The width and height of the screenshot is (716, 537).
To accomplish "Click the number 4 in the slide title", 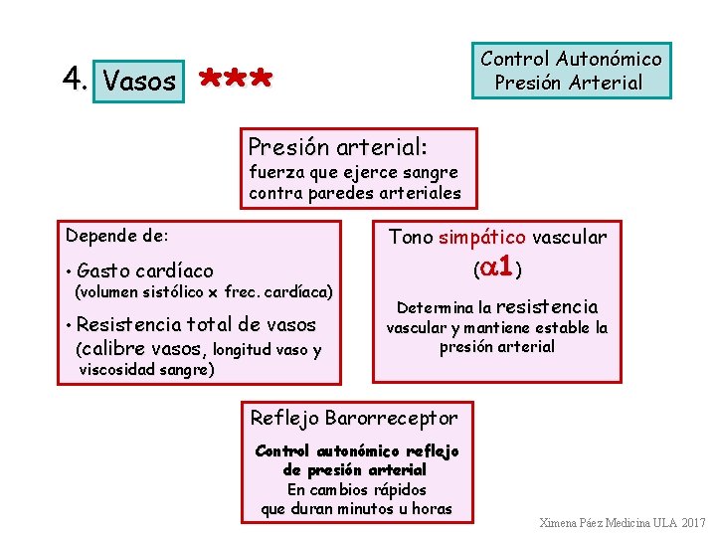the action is point(71,79).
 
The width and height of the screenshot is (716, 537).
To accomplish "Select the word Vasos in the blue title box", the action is point(139,81).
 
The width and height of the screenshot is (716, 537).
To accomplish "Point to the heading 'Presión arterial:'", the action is point(338,146).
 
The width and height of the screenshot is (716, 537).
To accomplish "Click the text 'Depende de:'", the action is point(117,236).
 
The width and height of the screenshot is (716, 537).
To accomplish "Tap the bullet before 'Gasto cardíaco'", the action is point(68,271).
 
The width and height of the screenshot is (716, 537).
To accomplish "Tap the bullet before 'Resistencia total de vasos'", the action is point(68,325).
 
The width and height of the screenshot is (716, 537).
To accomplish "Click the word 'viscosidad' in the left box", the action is point(117,370).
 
